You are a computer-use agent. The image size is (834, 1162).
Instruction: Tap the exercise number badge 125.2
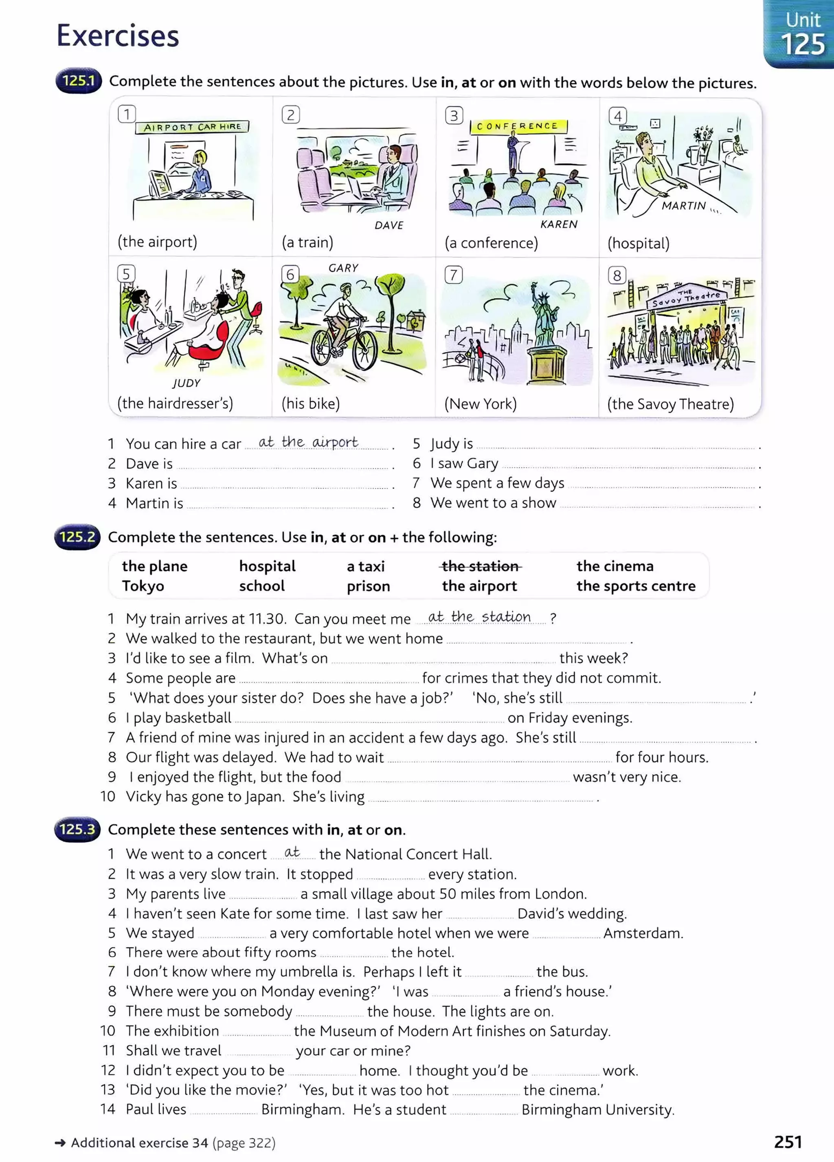(77, 537)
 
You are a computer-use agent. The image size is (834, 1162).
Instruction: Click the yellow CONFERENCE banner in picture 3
(517, 126)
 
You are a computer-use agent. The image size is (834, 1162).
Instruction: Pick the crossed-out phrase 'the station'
(480, 566)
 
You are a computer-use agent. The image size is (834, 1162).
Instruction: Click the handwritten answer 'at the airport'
(308, 442)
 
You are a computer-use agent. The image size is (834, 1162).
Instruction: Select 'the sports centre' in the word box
(636, 585)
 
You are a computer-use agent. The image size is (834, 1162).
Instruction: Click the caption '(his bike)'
(311, 404)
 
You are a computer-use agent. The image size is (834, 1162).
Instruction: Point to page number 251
(788, 1142)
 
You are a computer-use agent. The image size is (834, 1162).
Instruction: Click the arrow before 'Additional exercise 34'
(60, 1142)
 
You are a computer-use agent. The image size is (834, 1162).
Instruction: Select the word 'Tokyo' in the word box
(143, 585)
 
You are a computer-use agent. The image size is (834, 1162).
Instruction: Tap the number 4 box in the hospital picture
(617, 116)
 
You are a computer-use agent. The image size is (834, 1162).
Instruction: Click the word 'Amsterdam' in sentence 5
(643, 933)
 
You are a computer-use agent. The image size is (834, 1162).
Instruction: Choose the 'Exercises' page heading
(118, 36)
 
